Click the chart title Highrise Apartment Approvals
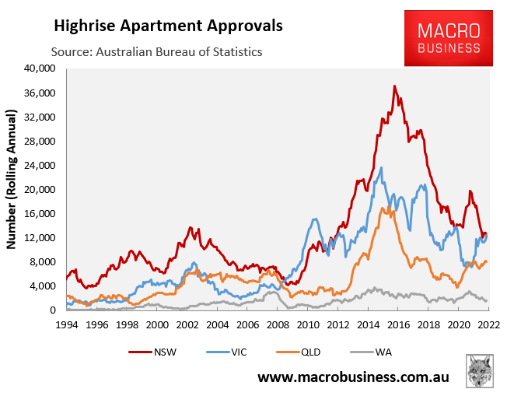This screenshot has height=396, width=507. tap(167, 26)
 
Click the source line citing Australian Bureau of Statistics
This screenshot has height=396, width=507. tap(156, 51)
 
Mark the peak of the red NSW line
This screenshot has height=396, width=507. tap(395, 86)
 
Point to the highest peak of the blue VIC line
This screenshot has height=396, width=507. tap(381, 167)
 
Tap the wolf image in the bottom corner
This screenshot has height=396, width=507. tap(481, 371)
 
